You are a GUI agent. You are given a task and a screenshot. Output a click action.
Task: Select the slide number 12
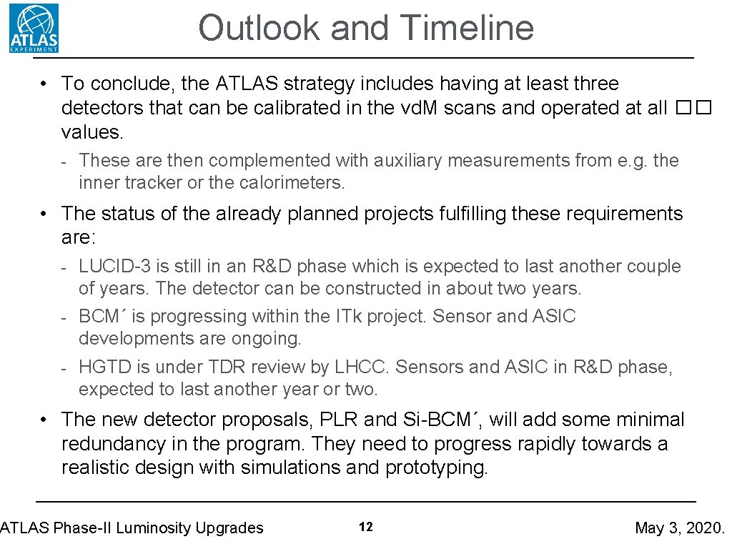[365, 528]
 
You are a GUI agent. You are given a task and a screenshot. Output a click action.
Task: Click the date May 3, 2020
[679, 528]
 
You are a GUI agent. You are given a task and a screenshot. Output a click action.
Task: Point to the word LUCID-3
[114, 267]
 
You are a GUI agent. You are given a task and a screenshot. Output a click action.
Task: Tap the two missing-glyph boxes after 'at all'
[693, 108]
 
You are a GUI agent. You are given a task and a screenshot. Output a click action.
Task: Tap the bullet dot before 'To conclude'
[44, 84]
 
